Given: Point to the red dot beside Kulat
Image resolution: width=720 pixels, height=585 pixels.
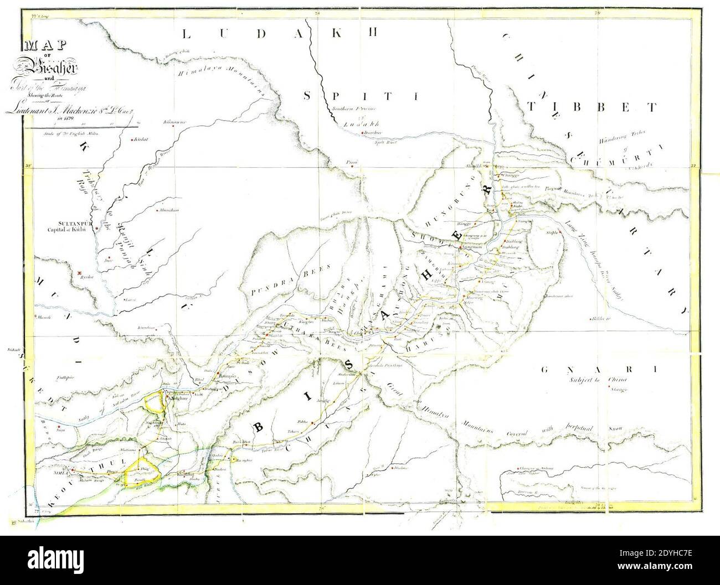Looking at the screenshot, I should (x=131, y=139).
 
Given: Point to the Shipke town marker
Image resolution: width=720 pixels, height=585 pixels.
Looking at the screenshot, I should (x=560, y=233).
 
